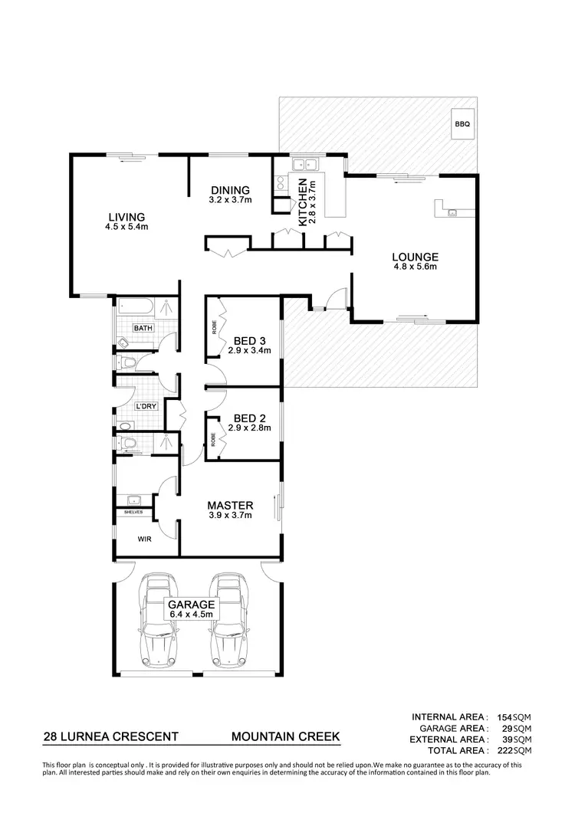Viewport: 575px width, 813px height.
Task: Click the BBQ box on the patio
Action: click(461, 123)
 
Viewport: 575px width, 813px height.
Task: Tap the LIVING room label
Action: click(127, 216)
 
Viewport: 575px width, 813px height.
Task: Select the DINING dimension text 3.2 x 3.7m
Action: click(230, 202)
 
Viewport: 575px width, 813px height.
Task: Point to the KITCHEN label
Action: click(303, 201)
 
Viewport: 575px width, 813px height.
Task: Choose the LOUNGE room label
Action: click(415, 257)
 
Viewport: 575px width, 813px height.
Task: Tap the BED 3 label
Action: click(245, 340)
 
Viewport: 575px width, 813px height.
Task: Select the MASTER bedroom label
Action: click(230, 505)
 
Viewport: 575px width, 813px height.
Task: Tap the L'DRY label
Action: click(145, 406)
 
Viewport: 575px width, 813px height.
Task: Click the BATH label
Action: click(143, 328)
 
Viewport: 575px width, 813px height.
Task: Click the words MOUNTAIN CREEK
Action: click(285, 736)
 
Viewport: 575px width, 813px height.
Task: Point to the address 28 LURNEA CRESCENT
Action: click(111, 736)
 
